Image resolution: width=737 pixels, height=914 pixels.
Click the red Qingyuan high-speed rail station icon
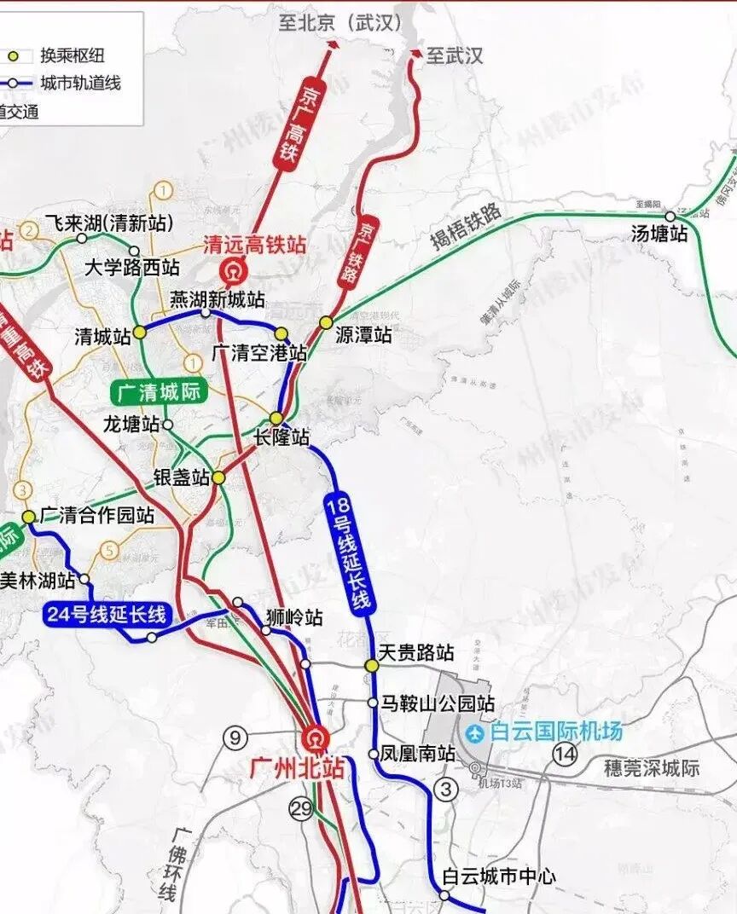tap(231, 272)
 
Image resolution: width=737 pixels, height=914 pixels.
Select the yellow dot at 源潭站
tap(326, 322)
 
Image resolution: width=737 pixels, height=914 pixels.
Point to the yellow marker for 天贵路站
tap(372, 665)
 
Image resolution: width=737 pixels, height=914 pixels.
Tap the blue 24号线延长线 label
tap(107, 614)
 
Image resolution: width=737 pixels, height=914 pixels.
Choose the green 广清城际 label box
tap(158, 393)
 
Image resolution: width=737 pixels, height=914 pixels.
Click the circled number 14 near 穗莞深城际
tap(564, 753)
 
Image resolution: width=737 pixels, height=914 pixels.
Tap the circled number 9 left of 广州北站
tap(235, 738)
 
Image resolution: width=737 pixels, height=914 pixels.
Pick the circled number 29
tap(301, 808)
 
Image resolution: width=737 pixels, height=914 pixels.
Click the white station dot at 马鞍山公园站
tap(373, 703)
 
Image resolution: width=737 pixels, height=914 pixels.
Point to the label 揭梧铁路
tap(466, 229)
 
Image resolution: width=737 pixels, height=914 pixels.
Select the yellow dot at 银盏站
tap(218, 478)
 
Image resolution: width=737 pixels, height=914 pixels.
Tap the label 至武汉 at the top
tap(455, 56)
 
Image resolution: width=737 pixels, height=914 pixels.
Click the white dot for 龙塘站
tap(168, 424)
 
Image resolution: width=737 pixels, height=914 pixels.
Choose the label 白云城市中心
tap(499, 876)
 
